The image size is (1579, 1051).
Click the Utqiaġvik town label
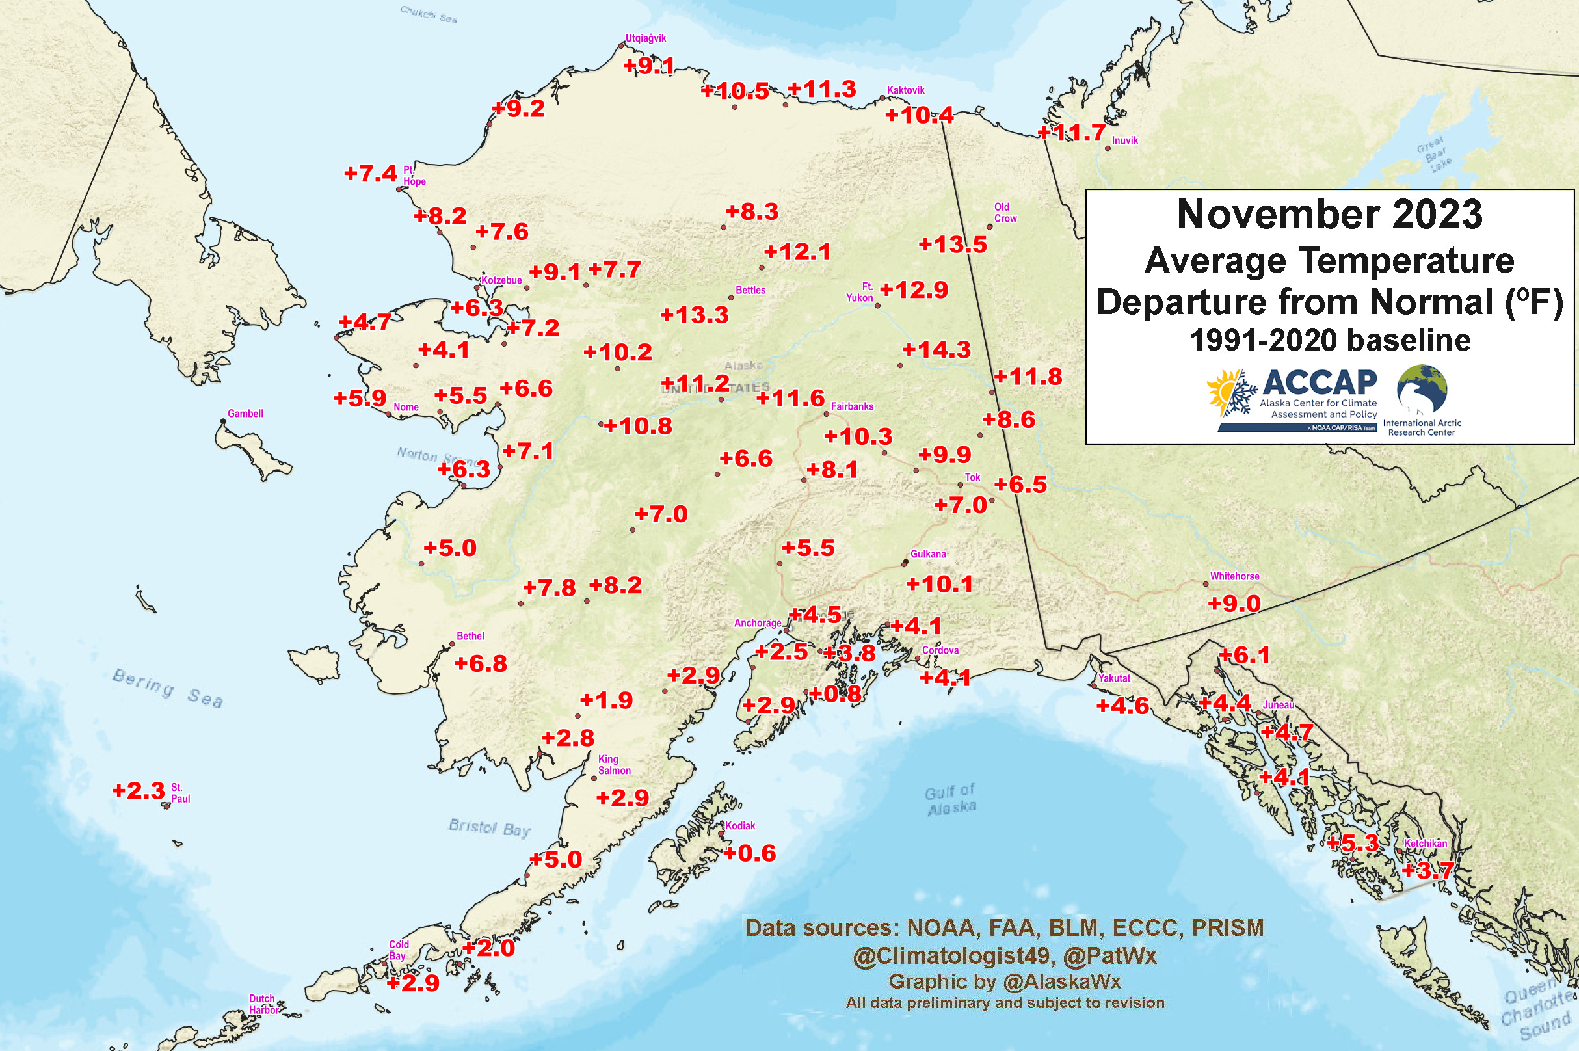[645, 38]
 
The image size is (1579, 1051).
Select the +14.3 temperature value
[936, 350]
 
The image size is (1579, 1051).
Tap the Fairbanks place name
[852, 406]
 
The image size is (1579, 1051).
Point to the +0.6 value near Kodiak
[749, 853]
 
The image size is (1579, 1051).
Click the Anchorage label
[758, 622]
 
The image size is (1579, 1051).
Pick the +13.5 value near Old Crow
[952, 245]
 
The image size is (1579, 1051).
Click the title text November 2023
[1330, 215]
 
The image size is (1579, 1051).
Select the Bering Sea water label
[167, 687]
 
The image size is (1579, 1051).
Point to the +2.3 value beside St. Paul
[139, 791]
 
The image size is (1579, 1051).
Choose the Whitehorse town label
[1234, 576]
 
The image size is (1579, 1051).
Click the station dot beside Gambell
[223, 421]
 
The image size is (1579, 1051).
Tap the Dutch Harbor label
[263, 1004]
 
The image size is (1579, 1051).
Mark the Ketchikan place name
[1425, 844]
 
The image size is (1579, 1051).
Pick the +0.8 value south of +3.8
[835, 695]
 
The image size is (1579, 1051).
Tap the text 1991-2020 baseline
[1330, 341]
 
